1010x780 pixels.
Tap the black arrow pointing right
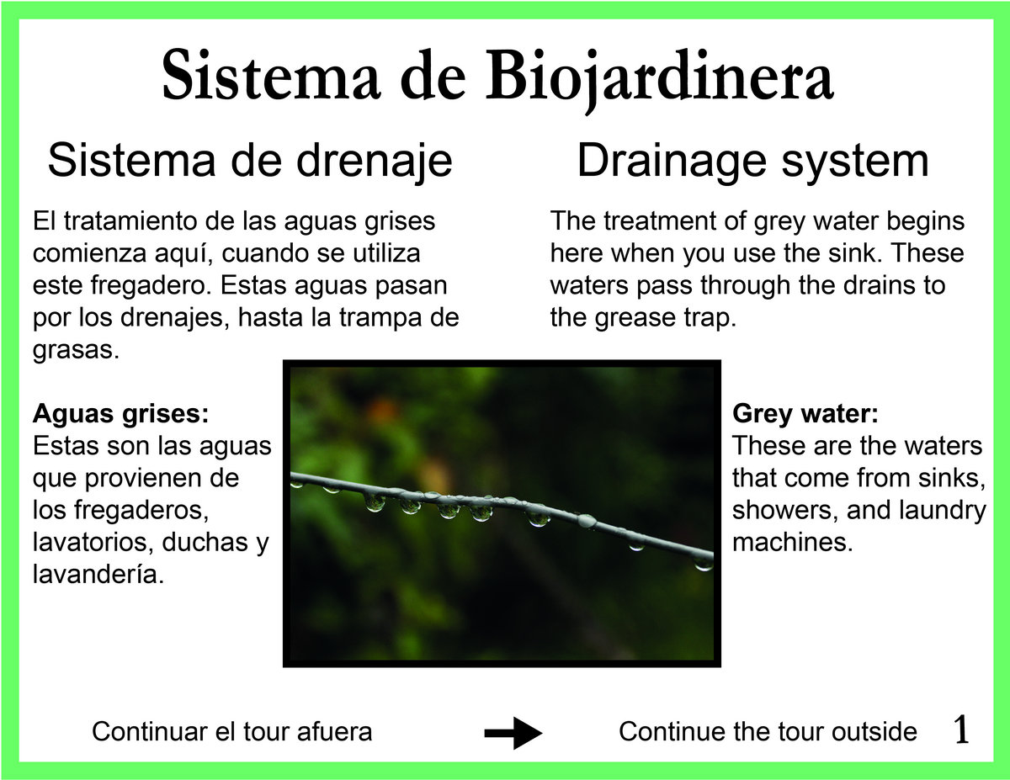click(x=513, y=733)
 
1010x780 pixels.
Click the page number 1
click(x=960, y=730)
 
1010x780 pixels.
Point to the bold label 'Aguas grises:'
click(x=121, y=414)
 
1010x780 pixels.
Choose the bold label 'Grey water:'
click(x=805, y=414)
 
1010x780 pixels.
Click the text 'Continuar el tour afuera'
click(x=232, y=732)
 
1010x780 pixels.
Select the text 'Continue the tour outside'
click(x=768, y=732)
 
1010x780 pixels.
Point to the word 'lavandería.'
click(x=98, y=575)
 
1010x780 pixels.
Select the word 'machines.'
click(x=793, y=543)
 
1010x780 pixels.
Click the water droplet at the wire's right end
click(x=703, y=564)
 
